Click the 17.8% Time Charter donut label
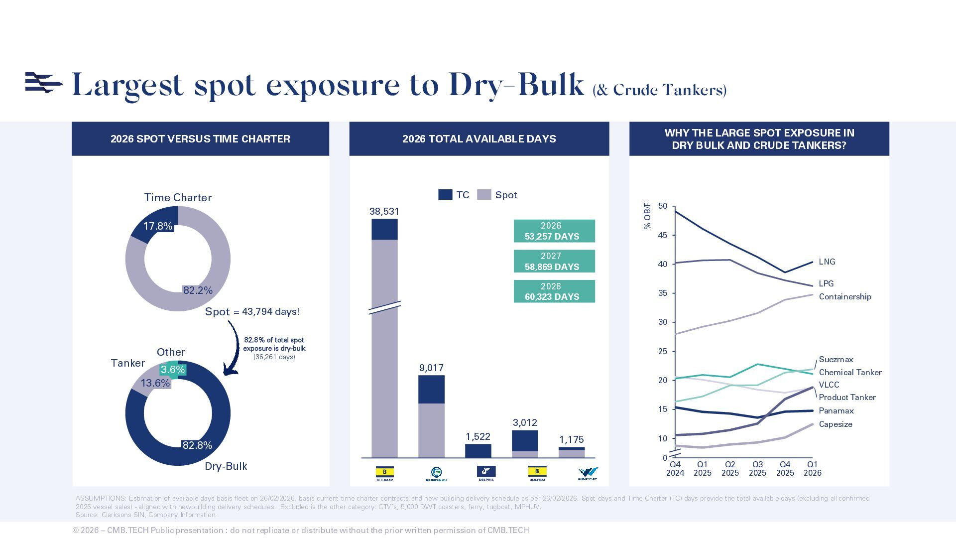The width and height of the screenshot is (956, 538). click(158, 226)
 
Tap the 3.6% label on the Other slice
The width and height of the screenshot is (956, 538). click(173, 370)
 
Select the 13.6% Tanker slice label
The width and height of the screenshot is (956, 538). click(155, 383)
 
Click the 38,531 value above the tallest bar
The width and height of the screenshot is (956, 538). click(384, 212)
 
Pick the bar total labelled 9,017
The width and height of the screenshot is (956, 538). click(431, 368)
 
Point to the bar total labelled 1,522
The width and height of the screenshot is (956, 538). click(478, 437)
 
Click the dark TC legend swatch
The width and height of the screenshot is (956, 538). click(445, 195)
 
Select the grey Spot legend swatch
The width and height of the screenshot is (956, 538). click(484, 195)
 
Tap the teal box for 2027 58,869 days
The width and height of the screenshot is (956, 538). click(554, 262)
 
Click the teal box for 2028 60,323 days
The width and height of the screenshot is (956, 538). click(554, 291)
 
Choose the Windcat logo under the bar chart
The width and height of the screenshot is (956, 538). click(588, 474)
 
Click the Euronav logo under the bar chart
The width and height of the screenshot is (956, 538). click(436, 474)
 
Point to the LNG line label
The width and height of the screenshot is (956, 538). click(827, 262)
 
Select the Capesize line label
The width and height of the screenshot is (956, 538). click(836, 424)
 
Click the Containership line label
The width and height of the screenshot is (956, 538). click(845, 297)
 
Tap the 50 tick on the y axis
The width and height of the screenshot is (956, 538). click(663, 206)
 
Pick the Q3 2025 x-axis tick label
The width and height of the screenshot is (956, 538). click(757, 469)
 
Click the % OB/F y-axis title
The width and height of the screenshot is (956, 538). click(647, 216)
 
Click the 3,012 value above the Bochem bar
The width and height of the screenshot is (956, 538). click(525, 423)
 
